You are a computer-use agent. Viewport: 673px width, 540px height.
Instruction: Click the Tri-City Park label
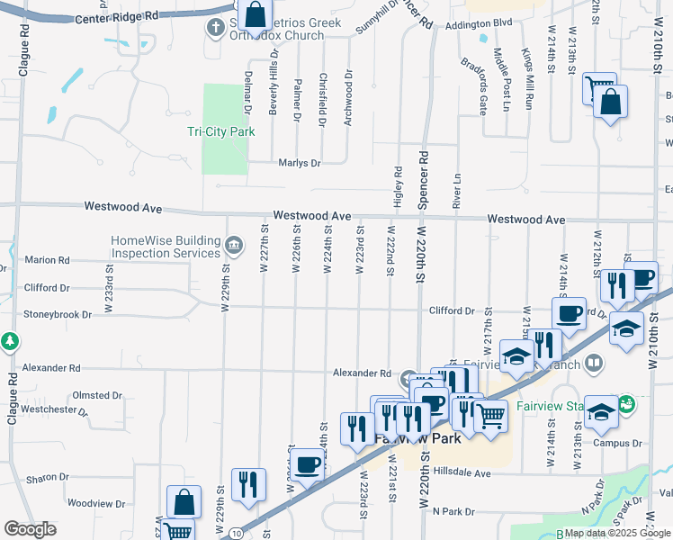click(220, 131)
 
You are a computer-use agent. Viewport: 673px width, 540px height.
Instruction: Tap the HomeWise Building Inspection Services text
click(166, 247)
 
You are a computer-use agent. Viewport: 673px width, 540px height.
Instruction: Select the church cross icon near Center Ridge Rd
click(214, 28)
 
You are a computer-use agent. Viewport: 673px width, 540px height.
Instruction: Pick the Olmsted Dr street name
click(97, 395)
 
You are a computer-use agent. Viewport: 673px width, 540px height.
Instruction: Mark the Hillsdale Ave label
click(462, 472)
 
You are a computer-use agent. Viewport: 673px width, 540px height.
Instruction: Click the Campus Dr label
click(617, 443)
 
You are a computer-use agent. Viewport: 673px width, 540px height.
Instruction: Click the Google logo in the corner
click(30, 529)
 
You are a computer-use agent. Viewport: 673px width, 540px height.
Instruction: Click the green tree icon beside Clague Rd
click(10, 342)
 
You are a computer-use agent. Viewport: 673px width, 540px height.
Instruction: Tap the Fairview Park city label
click(417, 439)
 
